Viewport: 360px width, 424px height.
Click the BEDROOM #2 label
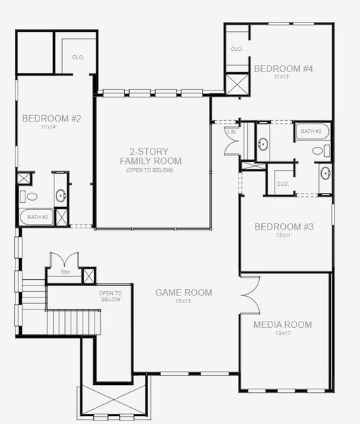tap(52, 118)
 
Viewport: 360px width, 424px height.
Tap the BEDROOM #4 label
tap(283, 69)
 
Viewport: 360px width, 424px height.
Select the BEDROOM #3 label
tap(283, 227)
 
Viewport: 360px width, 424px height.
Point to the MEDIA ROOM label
tap(282, 324)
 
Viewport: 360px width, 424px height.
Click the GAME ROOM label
tap(184, 292)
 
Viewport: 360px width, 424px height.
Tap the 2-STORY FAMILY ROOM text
tap(150, 156)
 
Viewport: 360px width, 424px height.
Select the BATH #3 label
tap(311, 131)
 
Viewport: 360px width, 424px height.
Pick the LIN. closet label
tap(231, 132)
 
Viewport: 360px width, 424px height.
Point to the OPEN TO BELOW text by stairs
tap(110, 296)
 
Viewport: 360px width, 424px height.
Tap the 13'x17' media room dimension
tap(282, 334)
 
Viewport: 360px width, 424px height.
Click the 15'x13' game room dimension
tap(184, 301)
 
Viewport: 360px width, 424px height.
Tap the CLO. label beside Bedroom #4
tap(236, 49)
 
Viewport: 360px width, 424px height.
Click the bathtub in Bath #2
tap(35, 218)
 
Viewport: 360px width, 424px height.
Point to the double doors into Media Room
tap(249, 292)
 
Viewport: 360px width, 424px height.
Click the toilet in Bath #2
tap(23, 196)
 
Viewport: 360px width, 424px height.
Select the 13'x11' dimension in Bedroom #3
tap(283, 237)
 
